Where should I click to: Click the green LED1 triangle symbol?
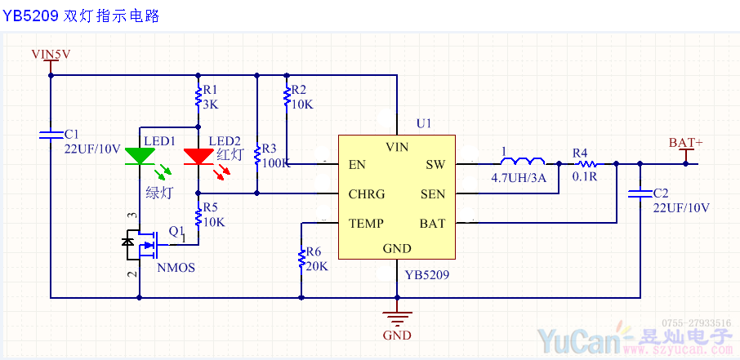coord(140,156)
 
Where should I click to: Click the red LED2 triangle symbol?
coord(198,156)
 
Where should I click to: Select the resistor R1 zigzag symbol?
coord(198,98)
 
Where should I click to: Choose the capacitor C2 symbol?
coord(640,194)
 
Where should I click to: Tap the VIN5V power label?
coord(51,55)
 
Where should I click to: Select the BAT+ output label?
coord(685,143)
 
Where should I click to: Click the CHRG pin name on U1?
coord(367,194)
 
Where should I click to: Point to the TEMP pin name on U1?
coord(366,223)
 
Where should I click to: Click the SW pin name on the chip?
coord(435,165)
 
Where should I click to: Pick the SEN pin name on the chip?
coord(433,194)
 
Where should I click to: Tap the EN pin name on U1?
coord(357,165)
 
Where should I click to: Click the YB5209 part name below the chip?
coord(426,275)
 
